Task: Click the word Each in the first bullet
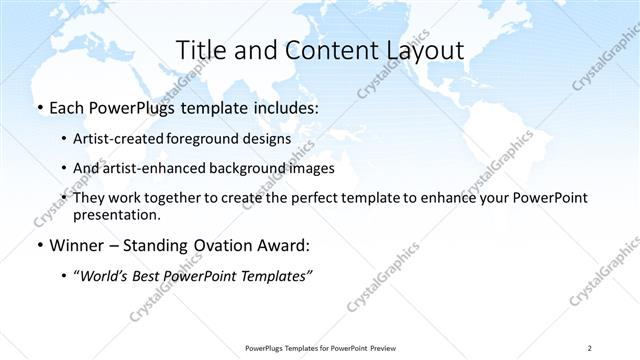click(68, 107)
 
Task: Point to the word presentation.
click(117, 215)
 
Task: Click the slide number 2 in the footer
click(590, 348)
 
